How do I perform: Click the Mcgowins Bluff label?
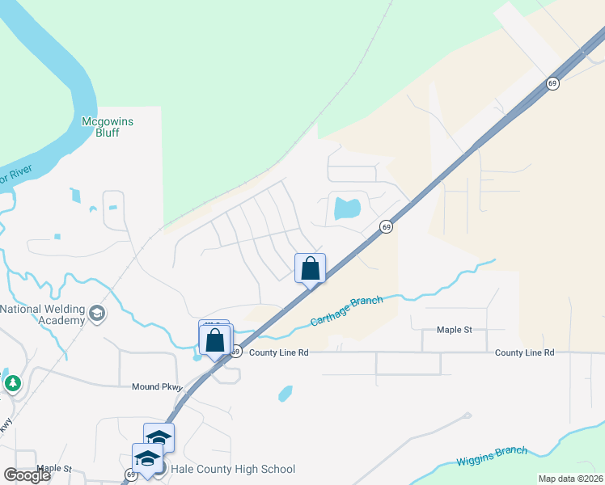pyautogui.click(x=101, y=127)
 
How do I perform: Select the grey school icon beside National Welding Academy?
pyautogui.click(x=97, y=314)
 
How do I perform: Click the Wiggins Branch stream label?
pyautogui.click(x=492, y=457)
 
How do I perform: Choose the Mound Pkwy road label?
pyautogui.click(x=158, y=387)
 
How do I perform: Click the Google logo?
pyautogui.click(x=27, y=475)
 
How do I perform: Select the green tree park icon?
pyautogui.click(x=12, y=382)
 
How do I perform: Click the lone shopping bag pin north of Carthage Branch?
pyautogui.click(x=311, y=269)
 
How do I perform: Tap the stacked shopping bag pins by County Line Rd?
pyautogui.click(x=215, y=339)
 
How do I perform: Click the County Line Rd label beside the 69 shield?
pyautogui.click(x=279, y=352)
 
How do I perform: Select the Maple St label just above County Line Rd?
pyautogui.click(x=454, y=330)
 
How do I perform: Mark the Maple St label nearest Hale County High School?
pyautogui.click(x=54, y=468)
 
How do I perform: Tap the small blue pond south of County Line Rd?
pyautogui.click(x=285, y=394)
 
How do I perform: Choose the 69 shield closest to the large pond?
pyautogui.click(x=387, y=227)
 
